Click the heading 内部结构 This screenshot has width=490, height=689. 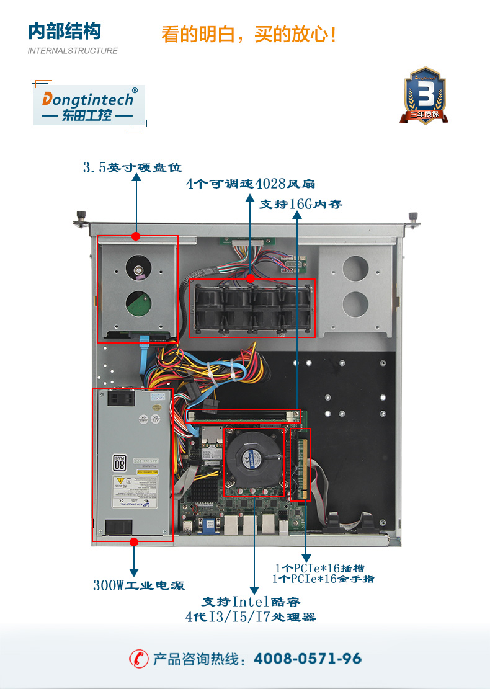[65, 32]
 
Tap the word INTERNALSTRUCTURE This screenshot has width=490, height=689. [73, 51]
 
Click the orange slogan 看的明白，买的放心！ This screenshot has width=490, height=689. [249, 33]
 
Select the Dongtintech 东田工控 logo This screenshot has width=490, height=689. [88, 105]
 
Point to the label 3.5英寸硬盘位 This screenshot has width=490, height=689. [132, 167]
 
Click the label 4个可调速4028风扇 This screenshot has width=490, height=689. [251, 184]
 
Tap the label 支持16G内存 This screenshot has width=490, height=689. [300, 204]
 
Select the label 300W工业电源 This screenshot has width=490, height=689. [139, 585]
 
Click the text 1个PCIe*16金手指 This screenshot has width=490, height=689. [323, 579]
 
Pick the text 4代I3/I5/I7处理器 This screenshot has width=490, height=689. [251, 617]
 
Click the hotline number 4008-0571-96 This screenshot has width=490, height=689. [308, 659]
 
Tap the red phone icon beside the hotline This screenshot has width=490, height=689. [138, 659]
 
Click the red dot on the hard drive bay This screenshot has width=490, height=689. [136, 236]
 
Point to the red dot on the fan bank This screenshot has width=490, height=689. [250, 279]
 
